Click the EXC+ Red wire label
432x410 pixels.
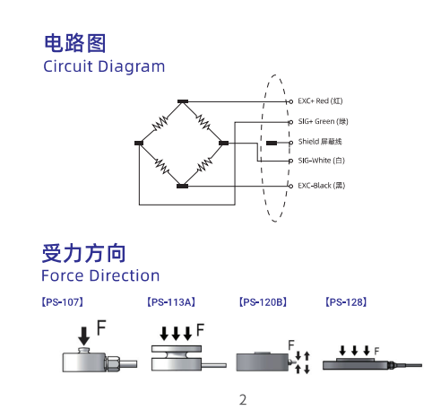(320, 101)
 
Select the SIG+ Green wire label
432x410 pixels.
(323, 121)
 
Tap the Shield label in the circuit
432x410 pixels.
(320, 142)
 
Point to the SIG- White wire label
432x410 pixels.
(322, 161)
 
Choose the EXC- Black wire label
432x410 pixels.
(322, 186)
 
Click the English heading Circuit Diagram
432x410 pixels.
(104, 66)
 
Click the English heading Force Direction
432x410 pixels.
(100, 275)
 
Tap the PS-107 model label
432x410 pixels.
(62, 302)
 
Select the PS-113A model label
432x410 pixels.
(171, 302)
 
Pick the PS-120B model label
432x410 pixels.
(263, 302)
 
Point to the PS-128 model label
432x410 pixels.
(346, 302)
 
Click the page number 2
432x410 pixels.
(243, 400)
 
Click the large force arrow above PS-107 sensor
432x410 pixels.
(84, 336)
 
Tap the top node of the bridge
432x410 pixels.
(183, 101)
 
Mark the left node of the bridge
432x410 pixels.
(139, 143)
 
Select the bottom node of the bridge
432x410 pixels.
(183, 186)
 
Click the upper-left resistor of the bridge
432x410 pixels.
(160, 123)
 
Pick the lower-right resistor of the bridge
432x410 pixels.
(204, 165)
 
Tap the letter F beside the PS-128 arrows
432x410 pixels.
(376, 351)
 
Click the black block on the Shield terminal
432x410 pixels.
(272, 143)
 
